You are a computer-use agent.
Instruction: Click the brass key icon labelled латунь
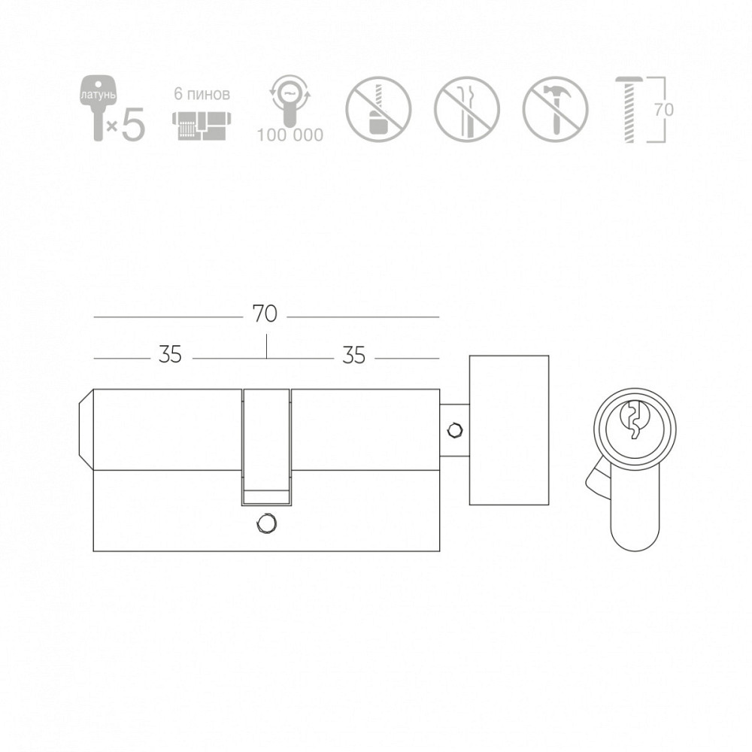97,108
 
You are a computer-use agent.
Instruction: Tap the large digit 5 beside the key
133,123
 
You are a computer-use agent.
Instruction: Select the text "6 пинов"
202,93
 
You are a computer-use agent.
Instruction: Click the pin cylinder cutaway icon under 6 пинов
202,126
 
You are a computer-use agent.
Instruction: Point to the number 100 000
290,135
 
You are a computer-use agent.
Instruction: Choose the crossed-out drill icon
378,109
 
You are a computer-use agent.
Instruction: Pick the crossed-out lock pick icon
467,109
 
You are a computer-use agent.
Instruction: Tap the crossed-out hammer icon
555,109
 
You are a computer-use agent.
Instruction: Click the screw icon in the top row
629,109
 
